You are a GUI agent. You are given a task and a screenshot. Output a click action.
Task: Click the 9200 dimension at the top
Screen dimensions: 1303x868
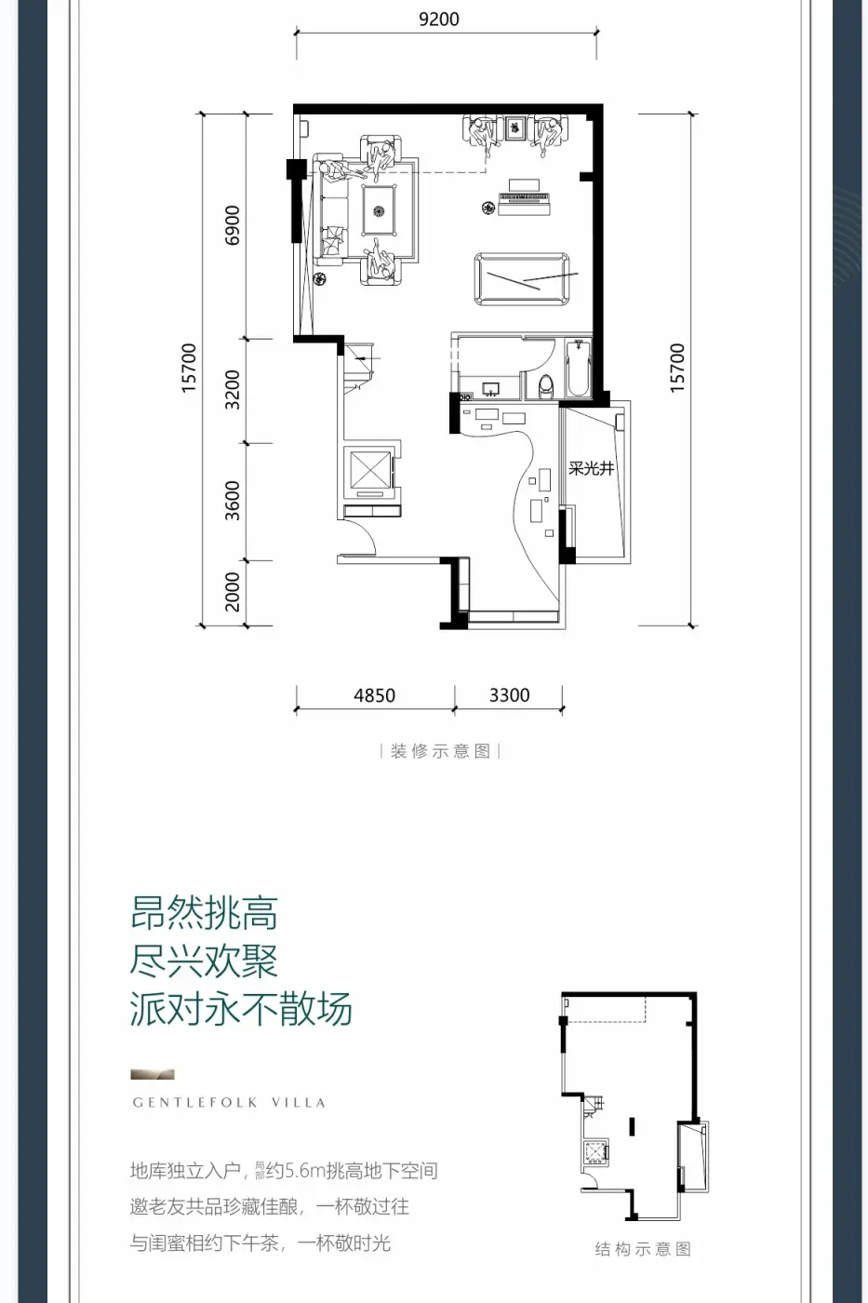point(438,20)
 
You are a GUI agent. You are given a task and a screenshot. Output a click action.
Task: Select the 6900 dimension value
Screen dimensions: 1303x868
point(233,225)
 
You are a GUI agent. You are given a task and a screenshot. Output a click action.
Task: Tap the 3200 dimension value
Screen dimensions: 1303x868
point(233,389)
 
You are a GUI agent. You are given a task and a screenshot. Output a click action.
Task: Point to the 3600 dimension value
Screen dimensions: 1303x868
point(233,501)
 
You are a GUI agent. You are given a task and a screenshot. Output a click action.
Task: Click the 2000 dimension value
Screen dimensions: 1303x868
point(233,592)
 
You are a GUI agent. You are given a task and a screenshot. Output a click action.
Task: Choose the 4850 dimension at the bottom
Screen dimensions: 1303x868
point(374,695)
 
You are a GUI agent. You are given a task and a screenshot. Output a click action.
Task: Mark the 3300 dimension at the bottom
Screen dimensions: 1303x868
point(509,695)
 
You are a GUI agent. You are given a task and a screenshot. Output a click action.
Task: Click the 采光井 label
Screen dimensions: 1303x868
point(592,468)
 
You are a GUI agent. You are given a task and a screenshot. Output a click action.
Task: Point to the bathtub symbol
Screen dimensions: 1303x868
point(578,369)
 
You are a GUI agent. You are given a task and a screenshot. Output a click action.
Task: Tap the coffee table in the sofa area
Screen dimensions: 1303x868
point(380,209)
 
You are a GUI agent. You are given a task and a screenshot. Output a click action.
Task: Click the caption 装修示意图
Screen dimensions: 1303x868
point(440,751)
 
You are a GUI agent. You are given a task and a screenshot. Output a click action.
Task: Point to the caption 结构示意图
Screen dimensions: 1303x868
point(643,1249)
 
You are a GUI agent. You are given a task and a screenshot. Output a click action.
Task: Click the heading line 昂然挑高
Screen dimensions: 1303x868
point(205,914)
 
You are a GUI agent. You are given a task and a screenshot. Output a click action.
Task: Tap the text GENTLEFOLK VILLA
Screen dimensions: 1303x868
point(229,1103)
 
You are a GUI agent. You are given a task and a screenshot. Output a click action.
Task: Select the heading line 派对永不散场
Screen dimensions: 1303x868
point(241,1009)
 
